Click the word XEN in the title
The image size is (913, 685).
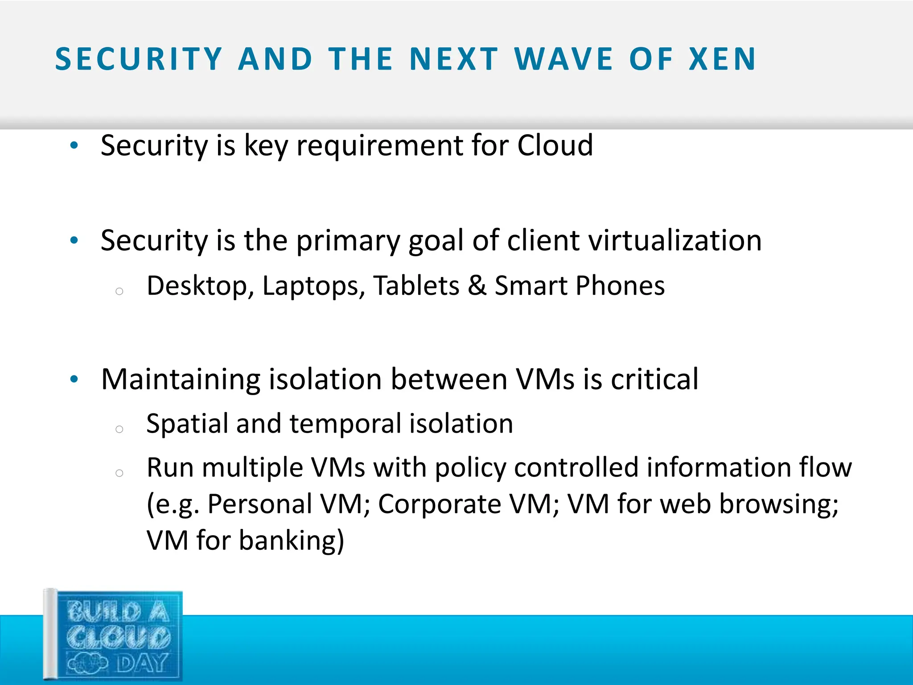pyautogui.click(x=722, y=59)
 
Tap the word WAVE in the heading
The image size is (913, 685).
pyautogui.click(x=564, y=59)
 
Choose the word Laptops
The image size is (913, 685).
pyautogui.click(x=310, y=286)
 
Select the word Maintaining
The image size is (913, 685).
pyautogui.click(x=181, y=380)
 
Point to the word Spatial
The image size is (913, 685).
pyautogui.click(x=187, y=424)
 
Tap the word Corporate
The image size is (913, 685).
pyautogui.click(x=440, y=504)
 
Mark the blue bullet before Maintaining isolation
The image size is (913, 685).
pyautogui.click(x=74, y=380)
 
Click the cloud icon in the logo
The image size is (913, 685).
pyautogui.click(x=87, y=664)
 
